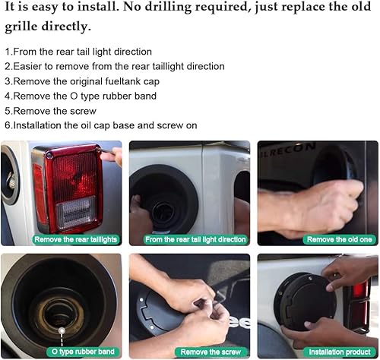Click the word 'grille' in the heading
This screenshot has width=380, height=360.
[x=23, y=27]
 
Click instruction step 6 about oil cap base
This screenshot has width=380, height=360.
[x=100, y=125]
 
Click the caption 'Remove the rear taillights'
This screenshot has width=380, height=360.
[x=76, y=239]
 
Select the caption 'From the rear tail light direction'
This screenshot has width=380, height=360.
[x=195, y=239]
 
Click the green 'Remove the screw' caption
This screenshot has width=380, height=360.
[x=210, y=352]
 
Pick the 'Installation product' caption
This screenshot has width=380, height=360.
[x=337, y=352]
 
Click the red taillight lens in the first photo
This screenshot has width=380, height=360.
[x=72, y=175]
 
